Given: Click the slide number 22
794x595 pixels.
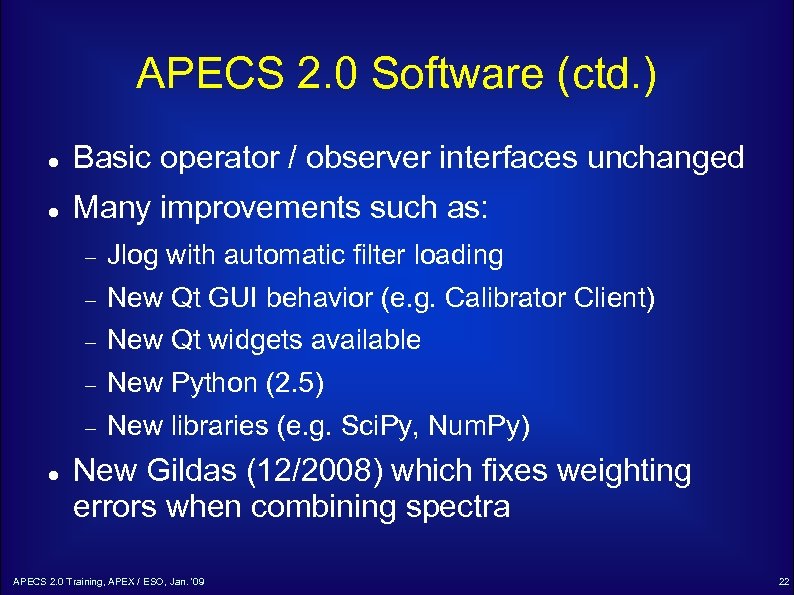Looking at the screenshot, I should click(782, 582).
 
